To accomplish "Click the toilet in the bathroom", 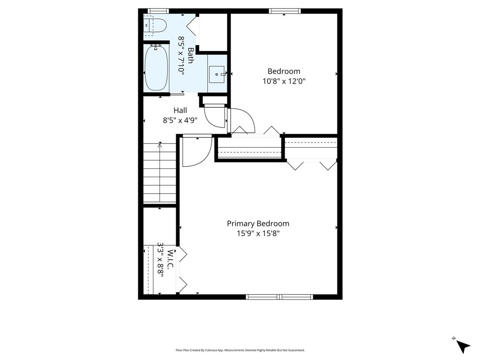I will pos(155,25).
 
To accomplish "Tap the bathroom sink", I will pos(217,74).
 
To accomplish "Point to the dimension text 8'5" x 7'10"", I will pos(181,55).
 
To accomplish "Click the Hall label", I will pos(180,110).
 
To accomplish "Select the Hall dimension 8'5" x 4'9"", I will pos(180,120).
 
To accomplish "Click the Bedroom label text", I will pos(284,71).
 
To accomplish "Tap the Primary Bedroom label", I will pos(258,224).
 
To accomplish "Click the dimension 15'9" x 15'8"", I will pos(258,233).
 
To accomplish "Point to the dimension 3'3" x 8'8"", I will pos(161,260).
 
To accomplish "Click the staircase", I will pos(160,173).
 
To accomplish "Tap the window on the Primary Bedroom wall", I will pos(279,297).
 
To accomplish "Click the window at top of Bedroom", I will pos(285,11).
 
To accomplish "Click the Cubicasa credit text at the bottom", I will pos(240,350).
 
